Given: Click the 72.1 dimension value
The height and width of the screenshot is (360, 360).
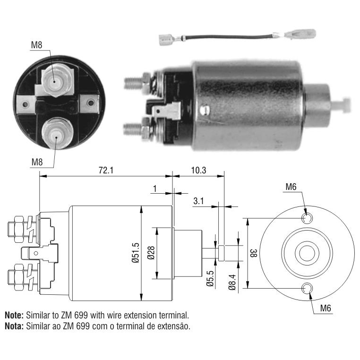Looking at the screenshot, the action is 106,171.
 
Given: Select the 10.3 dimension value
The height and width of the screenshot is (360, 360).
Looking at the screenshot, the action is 198,171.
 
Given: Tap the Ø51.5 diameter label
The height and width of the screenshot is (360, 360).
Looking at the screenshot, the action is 136,253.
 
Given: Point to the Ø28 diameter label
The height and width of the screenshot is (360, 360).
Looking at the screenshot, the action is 151,253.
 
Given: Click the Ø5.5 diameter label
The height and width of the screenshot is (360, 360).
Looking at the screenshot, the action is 210,278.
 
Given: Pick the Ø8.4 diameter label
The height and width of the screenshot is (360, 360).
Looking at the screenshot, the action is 232,282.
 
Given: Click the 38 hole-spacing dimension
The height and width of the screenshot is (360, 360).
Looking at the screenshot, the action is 254,253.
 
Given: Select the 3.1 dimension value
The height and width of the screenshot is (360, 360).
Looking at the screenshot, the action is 198,201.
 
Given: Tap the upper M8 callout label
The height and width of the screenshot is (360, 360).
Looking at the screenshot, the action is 37,45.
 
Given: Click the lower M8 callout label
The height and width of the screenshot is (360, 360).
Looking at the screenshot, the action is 37,162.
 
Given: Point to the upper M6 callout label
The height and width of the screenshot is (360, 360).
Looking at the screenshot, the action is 291,187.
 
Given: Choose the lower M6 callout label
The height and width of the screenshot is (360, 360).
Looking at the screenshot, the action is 326,308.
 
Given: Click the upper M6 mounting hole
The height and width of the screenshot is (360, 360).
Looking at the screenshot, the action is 307,218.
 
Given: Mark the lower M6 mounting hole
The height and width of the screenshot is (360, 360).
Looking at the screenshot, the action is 307,288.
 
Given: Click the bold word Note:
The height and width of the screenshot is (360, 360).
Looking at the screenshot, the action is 14,315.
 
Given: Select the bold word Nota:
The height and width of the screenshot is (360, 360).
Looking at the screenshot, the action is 14,326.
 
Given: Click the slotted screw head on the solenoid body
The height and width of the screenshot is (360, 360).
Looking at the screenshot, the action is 205,110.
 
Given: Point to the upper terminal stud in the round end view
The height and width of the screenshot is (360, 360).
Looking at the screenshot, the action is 55,81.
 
